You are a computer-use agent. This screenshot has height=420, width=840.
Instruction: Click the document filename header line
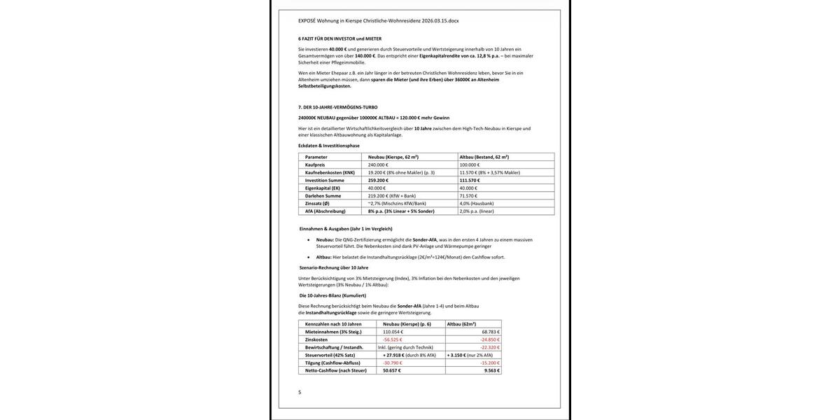pyautogui.click(x=378, y=21)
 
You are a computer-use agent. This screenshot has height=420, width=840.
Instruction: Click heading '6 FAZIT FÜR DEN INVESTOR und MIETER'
pyautogui.click(x=339, y=38)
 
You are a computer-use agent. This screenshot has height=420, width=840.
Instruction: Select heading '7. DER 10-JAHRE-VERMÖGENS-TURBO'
pyautogui.click(x=337, y=107)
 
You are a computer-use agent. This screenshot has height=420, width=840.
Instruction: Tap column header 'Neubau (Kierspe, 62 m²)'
pyautogui.click(x=393, y=157)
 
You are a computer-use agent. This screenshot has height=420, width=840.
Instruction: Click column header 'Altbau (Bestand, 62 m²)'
pyautogui.click(x=484, y=157)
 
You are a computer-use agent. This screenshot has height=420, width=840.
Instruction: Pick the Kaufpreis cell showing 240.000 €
pyautogui.click(x=378, y=164)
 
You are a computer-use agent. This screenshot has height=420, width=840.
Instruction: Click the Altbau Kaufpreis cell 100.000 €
pyautogui.click(x=470, y=164)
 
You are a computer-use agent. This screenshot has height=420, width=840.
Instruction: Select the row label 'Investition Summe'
pyautogui.click(x=324, y=180)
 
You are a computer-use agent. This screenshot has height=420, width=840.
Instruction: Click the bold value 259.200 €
pyautogui.click(x=378, y=180)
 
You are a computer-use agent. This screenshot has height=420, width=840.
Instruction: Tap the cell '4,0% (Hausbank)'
pyautogui.click(x=477, y=203)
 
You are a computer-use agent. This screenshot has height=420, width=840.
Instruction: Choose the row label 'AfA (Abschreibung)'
pyautogui.click(x=325, y=211)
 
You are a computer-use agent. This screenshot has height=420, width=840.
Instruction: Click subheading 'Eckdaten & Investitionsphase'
pyautogui.click(x=328, y=146)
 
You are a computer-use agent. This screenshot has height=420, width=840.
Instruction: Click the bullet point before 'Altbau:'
pyautogui.click(x=309, y=257)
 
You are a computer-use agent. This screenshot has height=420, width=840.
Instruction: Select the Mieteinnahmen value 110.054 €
pyautogui.click(x=393, y=332)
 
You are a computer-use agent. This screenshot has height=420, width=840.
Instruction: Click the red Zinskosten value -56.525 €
pyautogui.click(x=393, y=339)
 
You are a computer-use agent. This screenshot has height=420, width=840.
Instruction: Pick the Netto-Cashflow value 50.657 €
pyautogui.click(x=392, y=370)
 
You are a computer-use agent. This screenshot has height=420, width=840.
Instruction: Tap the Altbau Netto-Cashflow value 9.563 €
pyautogui.click(x=492, y=370)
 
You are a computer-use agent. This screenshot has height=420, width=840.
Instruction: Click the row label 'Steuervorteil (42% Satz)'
pyautogui.click(x=330, y=355)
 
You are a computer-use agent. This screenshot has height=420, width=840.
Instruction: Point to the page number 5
pyautogui.click(x=300, y=392)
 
